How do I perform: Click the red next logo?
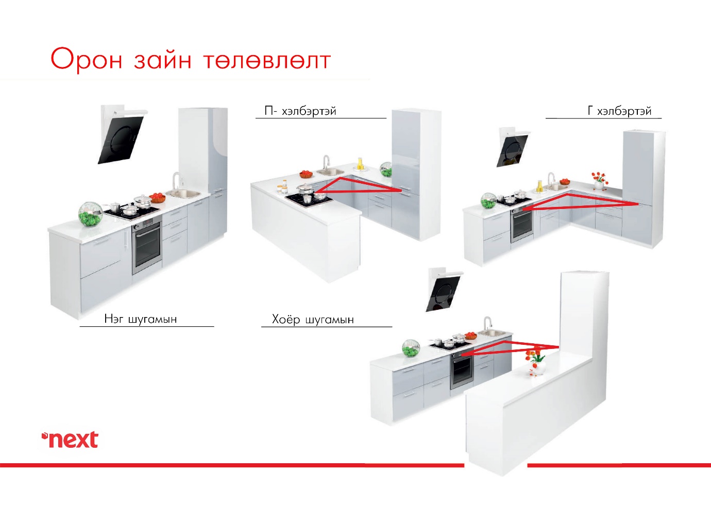(x=70, y=439)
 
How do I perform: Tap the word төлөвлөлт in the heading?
(x=267, y=61)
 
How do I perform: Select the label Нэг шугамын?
(x=141, y=319)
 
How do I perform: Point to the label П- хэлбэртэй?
(x=300, y=111)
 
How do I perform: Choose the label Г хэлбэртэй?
(x=620, y=111)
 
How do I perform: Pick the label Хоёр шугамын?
(x=313, y=320)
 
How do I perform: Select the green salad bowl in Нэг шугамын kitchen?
(x=91, y=214)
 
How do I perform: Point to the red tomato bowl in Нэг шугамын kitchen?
(x=158, y=198)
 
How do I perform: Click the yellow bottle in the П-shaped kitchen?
(x=360, y=164)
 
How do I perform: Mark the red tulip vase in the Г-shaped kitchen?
(x=599, y=181)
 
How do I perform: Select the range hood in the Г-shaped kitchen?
(x=512, y=147)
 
